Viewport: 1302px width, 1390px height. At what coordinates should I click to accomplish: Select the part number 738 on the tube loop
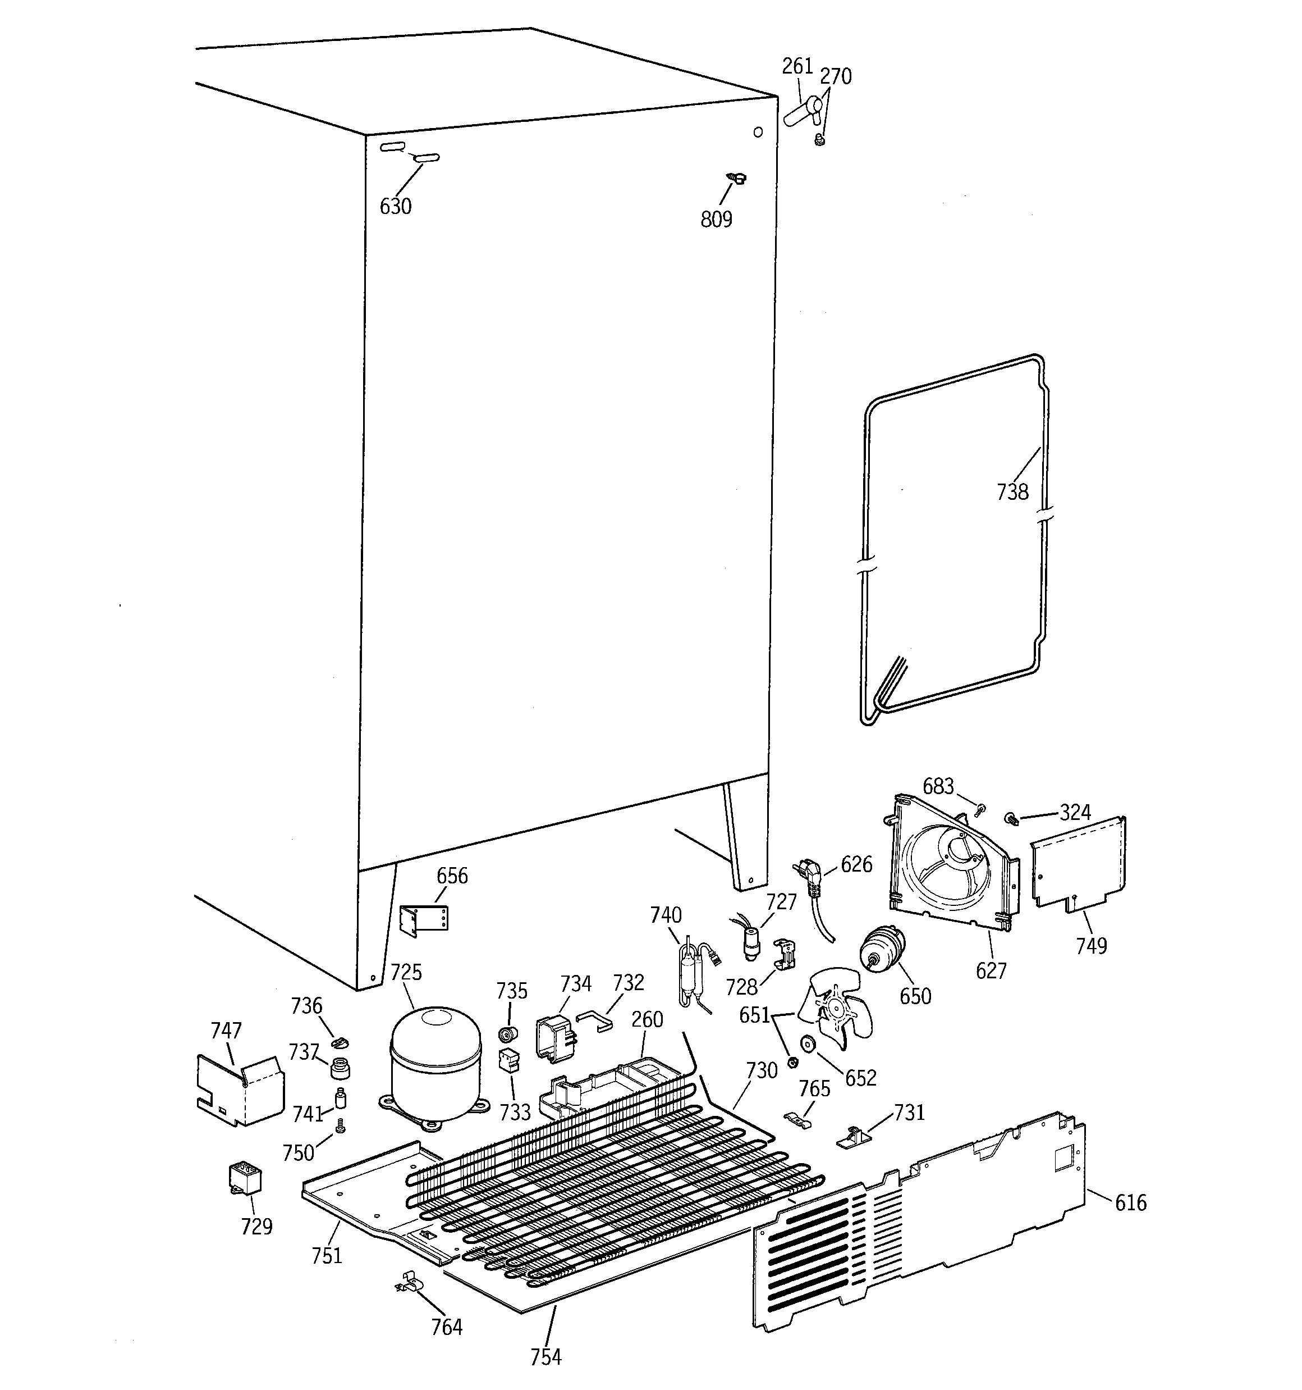pos(1012,492)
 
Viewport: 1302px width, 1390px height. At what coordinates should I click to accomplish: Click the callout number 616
pos(1130,1202)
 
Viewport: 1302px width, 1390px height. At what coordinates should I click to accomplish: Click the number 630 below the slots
pos(396,206)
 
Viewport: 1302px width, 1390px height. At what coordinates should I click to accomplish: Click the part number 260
pos(647,1019)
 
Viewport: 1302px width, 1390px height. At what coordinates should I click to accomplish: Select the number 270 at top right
pos(835,76)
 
